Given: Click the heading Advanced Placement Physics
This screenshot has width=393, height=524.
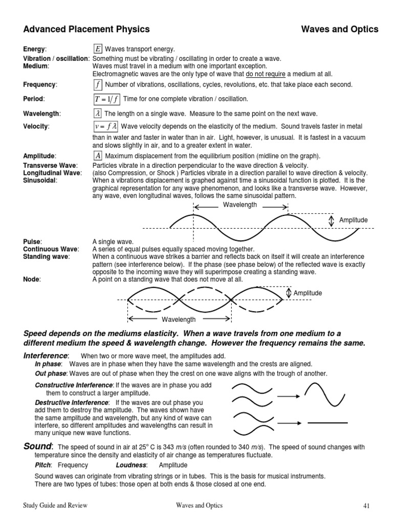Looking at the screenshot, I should (86, 29).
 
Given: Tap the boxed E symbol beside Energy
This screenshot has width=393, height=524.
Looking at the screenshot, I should (98, 49).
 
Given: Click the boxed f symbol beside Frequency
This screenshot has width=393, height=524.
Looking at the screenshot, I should (98, 84).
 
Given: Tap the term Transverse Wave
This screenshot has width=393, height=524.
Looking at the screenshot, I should (50, 165).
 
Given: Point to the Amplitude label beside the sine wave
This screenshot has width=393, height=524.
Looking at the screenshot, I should (353, 220).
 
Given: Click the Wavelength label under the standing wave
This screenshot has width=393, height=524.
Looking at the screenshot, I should (179, 319).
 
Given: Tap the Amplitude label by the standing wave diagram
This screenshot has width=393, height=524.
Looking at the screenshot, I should (308, 293).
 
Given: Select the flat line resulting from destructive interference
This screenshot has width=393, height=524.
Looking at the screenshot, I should (328, 423).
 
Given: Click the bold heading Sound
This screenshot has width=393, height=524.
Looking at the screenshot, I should (38, 446).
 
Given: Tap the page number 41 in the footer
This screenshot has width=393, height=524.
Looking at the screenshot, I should (366, 506).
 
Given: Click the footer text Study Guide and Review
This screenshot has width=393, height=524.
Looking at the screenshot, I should (55, 506).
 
